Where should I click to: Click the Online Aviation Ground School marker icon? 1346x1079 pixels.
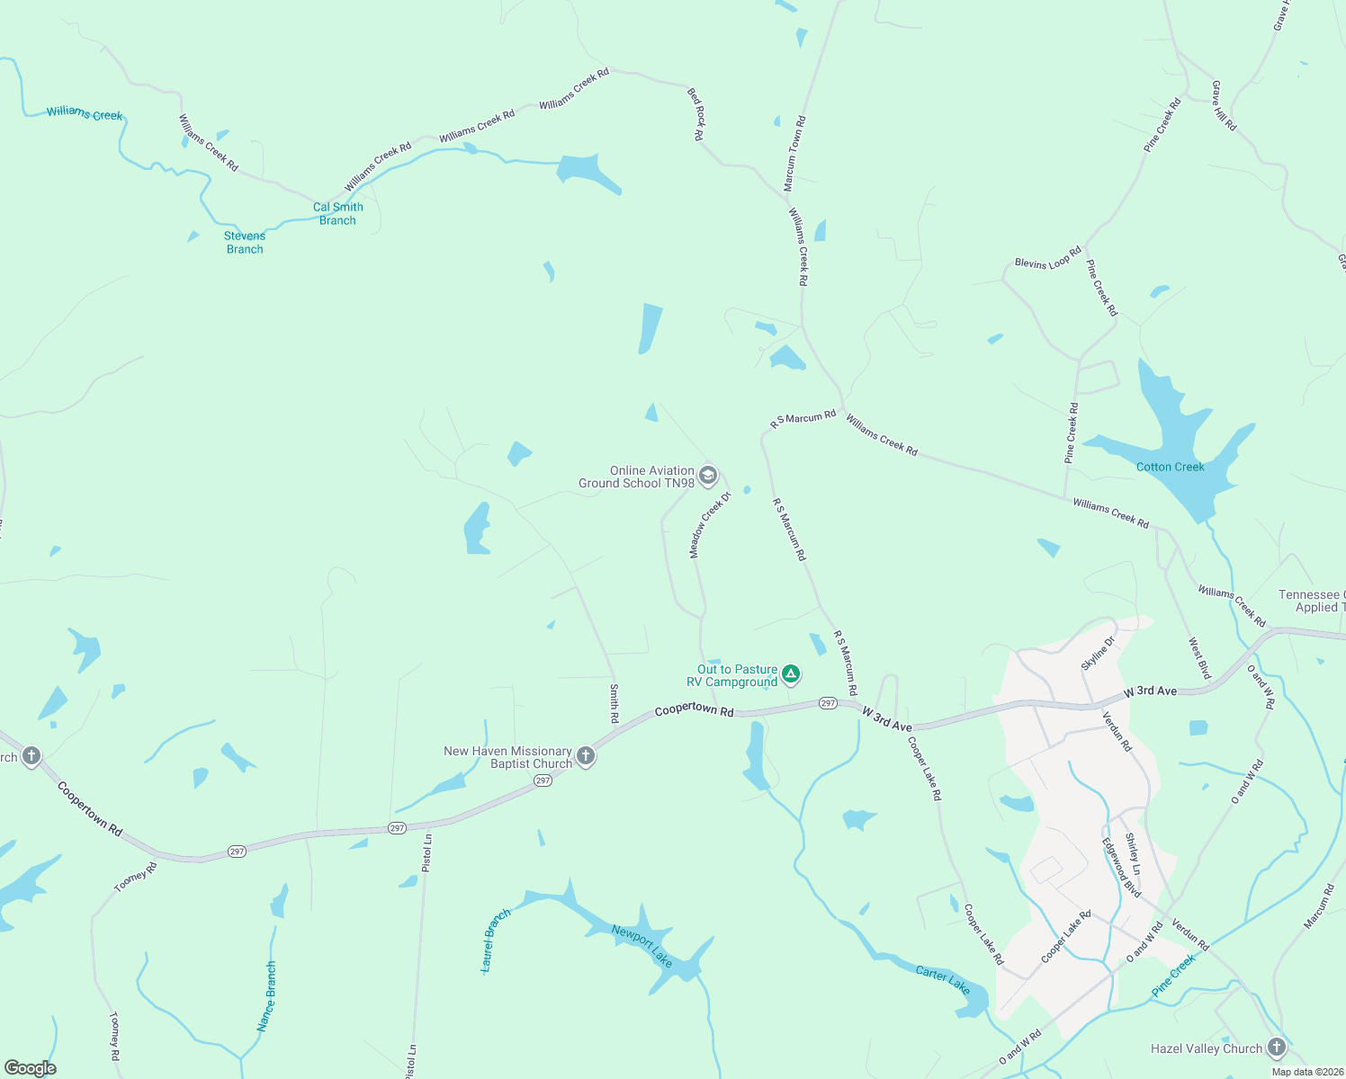tap(708, 476)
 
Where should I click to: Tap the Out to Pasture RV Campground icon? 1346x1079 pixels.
tap(790, 674)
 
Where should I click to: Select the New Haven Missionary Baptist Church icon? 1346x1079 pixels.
tap(586, 756)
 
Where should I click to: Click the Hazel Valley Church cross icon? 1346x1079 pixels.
tap(1276, 1048)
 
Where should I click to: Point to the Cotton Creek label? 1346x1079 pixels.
tap(1170, 467)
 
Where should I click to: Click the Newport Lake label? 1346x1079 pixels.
tap(642, 946)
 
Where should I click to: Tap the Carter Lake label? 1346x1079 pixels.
tap(943, 979)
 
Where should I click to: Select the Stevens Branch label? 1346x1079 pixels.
tap(245, 243)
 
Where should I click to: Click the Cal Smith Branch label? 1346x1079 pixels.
tap(338, 214)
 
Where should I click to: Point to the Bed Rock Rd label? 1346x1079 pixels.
tap(695, 113)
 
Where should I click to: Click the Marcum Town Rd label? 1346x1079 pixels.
tap(794, 154)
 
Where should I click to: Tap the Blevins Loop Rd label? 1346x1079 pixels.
tap(1048, 258)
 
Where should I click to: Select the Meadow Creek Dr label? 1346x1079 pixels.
tap(706, 529)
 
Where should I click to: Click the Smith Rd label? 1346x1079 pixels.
tap(615, 703)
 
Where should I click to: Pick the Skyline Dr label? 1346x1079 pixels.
tap(1098, 652)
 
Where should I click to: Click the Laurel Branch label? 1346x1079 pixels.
tap(496, 940)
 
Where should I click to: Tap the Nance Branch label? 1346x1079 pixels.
tap(266, 996)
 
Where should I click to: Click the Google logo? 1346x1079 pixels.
tap(31, 1068)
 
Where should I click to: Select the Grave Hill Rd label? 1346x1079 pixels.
tap(1224, 106)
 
